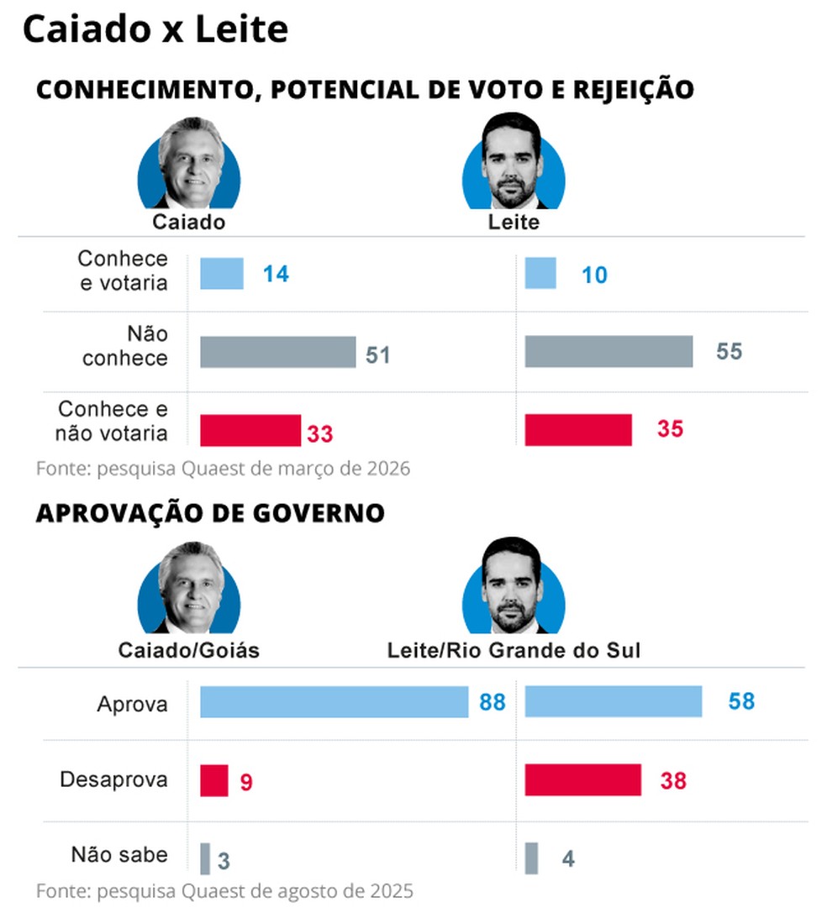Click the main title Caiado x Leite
(155, 30)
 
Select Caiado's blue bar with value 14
(222, 274)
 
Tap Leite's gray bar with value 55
(608, 352)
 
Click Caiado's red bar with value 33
(250, 430)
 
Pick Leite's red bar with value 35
(578, 430)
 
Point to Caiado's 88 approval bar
(334, 702)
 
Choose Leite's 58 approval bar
(613, 702)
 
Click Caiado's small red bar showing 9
(213, 780)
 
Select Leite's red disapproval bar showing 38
(582, 780)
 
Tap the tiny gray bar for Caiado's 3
(205, 858)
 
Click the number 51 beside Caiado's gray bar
(378, 354)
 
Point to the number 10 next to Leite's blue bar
(594, 275)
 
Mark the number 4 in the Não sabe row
(568, 860)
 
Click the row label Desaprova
(113, 779)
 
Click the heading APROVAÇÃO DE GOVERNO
(210, 513)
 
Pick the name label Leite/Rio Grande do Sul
(514, 651)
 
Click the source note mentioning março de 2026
(223, 468)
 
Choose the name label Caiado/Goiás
(188, 651)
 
